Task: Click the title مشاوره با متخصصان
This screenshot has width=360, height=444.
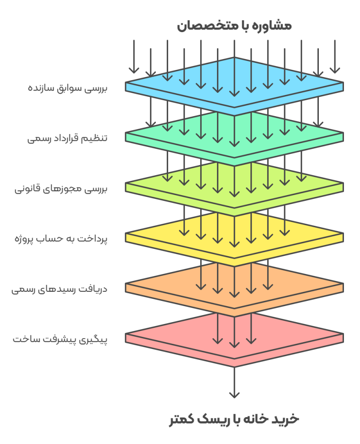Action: pyautogui.click(x=234, y=26)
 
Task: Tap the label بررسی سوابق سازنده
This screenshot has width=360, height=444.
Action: pyautogui.click(x=67, y=88)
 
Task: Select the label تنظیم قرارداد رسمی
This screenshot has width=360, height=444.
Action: pyautogui.click(x=67, y=139)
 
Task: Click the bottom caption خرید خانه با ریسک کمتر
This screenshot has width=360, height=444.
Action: pyautogui.click(x=234, y=419)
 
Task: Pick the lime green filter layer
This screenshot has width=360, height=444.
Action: pyautogui.click(x=303, y=184)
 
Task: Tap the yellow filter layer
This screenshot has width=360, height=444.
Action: pyautogui.click(x=303, y=234)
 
